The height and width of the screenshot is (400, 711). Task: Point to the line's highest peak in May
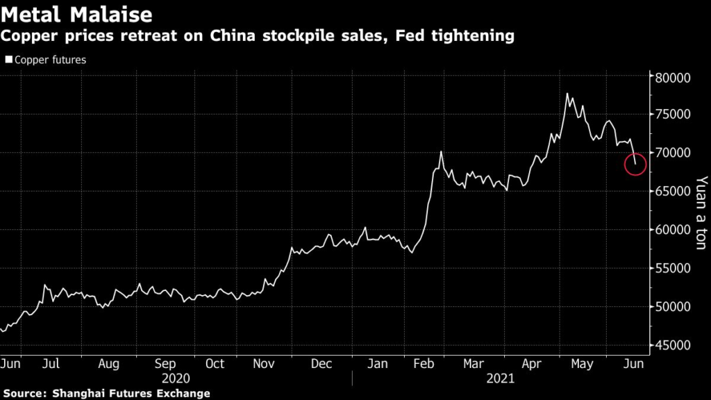(567, 94)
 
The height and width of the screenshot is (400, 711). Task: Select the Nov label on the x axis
(263, 363)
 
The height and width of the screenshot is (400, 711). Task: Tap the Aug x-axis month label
(110, 363)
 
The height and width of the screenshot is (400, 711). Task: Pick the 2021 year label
(500, 378)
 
